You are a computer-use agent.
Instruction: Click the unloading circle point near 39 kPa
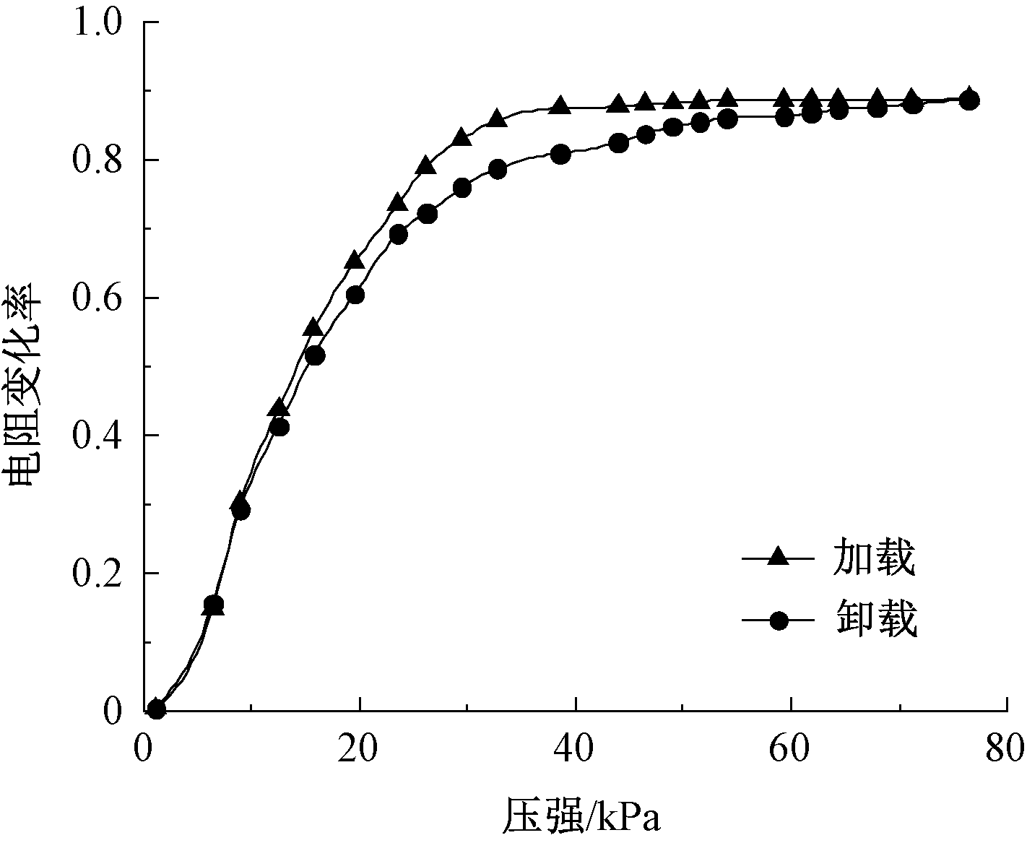coord(561,154)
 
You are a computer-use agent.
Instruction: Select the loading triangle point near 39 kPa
coord(560,105)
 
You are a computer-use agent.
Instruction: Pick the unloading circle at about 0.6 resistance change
coord(355,295)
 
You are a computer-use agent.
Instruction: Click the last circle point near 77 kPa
coord(971,100)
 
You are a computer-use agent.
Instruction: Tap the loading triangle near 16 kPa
coord(313,327)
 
